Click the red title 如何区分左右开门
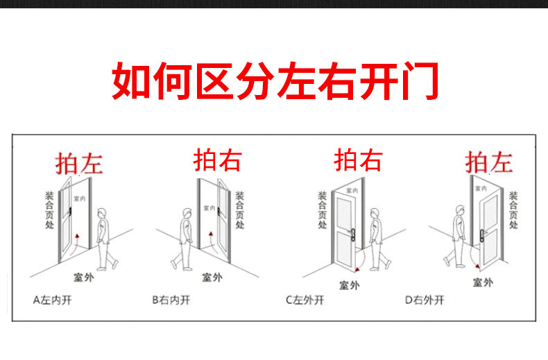pyautogui.click(x=274, y=81)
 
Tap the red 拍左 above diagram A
pyautogui.click(x=79, y=163)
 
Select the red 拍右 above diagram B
pyautogui.click(x=217, y=160)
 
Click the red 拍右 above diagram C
pyautogui.click(x=358, y=160)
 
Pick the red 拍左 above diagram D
pyautogui.click(x=489, y=162)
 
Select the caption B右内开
pyautogui.click(x=171, y=300)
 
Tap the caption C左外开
pyautogui.click(x=305, y=300)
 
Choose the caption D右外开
pyautogui.click(x=425, y=300)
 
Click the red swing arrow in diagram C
pyautogui.click(x=359, y=263)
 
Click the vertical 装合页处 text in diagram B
pyautogui.click(x=239, y=210)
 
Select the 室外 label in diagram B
pyautogui.click(x=212, y=277)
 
